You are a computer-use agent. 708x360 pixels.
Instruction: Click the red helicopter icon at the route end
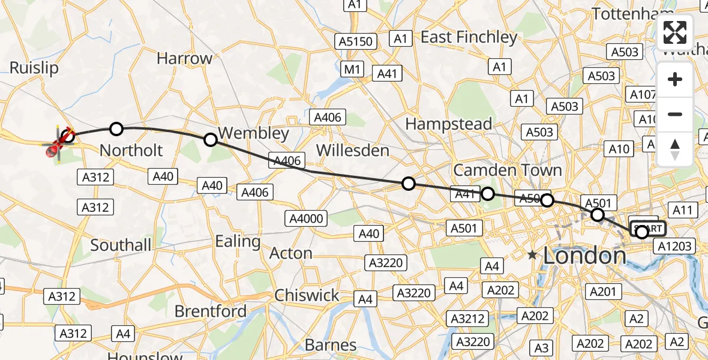tap(59, 145)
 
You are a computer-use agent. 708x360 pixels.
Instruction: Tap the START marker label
tap(648, 229)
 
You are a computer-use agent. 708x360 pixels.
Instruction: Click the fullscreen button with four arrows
tap(675, 32)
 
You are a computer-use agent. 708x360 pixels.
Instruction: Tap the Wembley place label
tap(253, 133)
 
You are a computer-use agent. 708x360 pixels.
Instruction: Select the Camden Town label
tap(508, 170)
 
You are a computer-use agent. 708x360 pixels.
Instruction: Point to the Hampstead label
tap(448, 124)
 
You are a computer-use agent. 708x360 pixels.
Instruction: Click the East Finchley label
tap(469, 37)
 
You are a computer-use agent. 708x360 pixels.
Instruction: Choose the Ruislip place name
tap(34, 68)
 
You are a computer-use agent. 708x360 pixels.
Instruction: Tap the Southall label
tap(121, 245)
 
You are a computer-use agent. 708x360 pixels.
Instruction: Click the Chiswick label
tap(307, 295)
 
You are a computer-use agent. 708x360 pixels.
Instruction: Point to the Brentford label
tap(210, 311)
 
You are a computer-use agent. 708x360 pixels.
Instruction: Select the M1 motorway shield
tap(352, 70)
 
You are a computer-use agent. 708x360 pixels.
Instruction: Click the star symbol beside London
tap(532, 255)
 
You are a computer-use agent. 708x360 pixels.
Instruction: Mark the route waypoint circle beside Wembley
tap(211, 140)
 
